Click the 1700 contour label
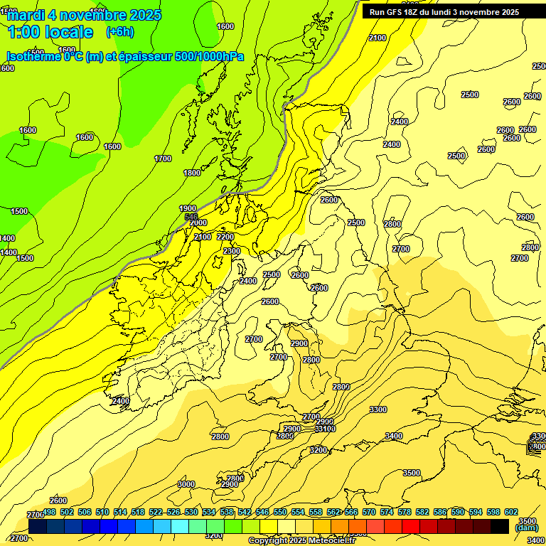(x=163, y=159)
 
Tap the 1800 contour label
(x=192, y=173)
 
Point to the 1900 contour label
(x=188, y=208)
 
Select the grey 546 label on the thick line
(x=191, y=216)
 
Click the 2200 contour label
(x=225, y=237)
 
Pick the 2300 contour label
(x=232, y=251)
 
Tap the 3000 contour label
(x=186, y=484)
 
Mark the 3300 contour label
(x=378, y=409)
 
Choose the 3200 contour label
(x=318, y=450)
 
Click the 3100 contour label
(x=326, y=429)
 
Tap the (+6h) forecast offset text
(x=119, y=32)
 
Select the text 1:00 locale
(x=50, y=32)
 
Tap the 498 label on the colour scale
(x=49, y=512)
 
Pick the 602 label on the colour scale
(x=511, y=512)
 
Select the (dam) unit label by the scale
(x=526, y=528)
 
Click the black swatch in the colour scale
(x=500, y=526)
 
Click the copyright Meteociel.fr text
(x=312, y=541)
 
